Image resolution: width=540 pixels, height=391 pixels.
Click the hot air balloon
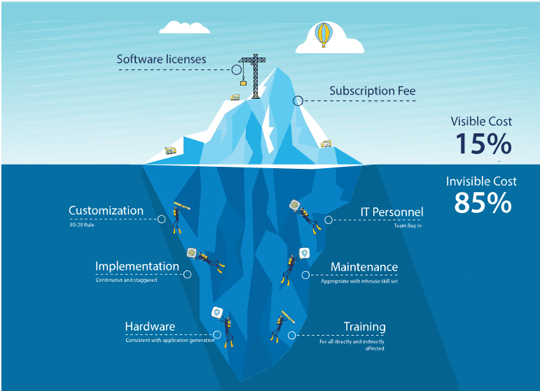pos(323,33)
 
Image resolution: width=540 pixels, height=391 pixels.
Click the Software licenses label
pos(161,60)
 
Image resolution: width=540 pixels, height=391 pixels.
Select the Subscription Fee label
pos(372,91)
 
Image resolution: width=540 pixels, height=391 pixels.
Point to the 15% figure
pos(483,144)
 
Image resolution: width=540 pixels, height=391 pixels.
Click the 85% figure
pos(483,203)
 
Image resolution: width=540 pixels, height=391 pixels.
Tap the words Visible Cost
pos(481,121)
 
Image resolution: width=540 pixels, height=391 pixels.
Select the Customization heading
pos(106,210)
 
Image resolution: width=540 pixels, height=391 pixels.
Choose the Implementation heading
pos(137,266)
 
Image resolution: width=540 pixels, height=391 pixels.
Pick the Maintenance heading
pos(364,267)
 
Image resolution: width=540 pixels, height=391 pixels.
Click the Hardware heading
pos(150,327)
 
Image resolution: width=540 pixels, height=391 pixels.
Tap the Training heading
pos(364,327)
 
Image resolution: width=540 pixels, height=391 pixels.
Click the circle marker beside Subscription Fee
pos(298,101)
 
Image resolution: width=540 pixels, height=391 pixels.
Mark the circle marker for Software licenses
pos(237,69)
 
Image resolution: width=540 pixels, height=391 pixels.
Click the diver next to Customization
pos(178,218)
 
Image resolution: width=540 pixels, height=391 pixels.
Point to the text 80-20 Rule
pos(81,225)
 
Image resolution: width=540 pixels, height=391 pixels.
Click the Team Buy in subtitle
pos(408,226)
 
